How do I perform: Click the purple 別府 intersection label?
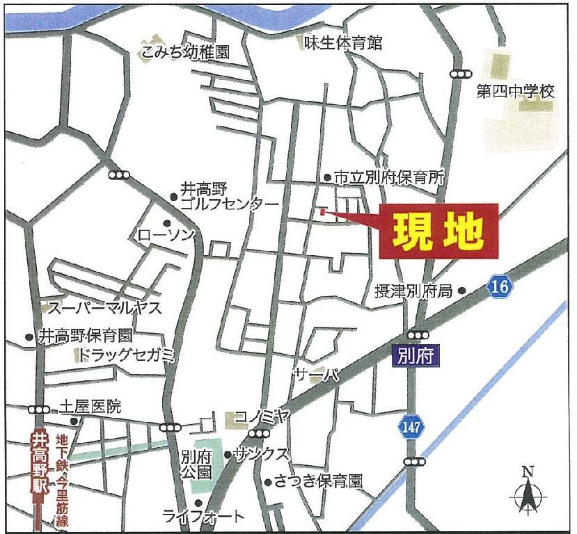coord(417,356)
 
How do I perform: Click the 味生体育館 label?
coord(343,43)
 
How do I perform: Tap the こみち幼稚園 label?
coord(184,51)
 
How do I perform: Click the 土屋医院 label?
coord(90,407)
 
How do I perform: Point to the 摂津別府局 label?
coord(413,291)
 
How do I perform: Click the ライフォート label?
coord(203,516)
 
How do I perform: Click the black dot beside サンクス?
coord(228,455)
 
